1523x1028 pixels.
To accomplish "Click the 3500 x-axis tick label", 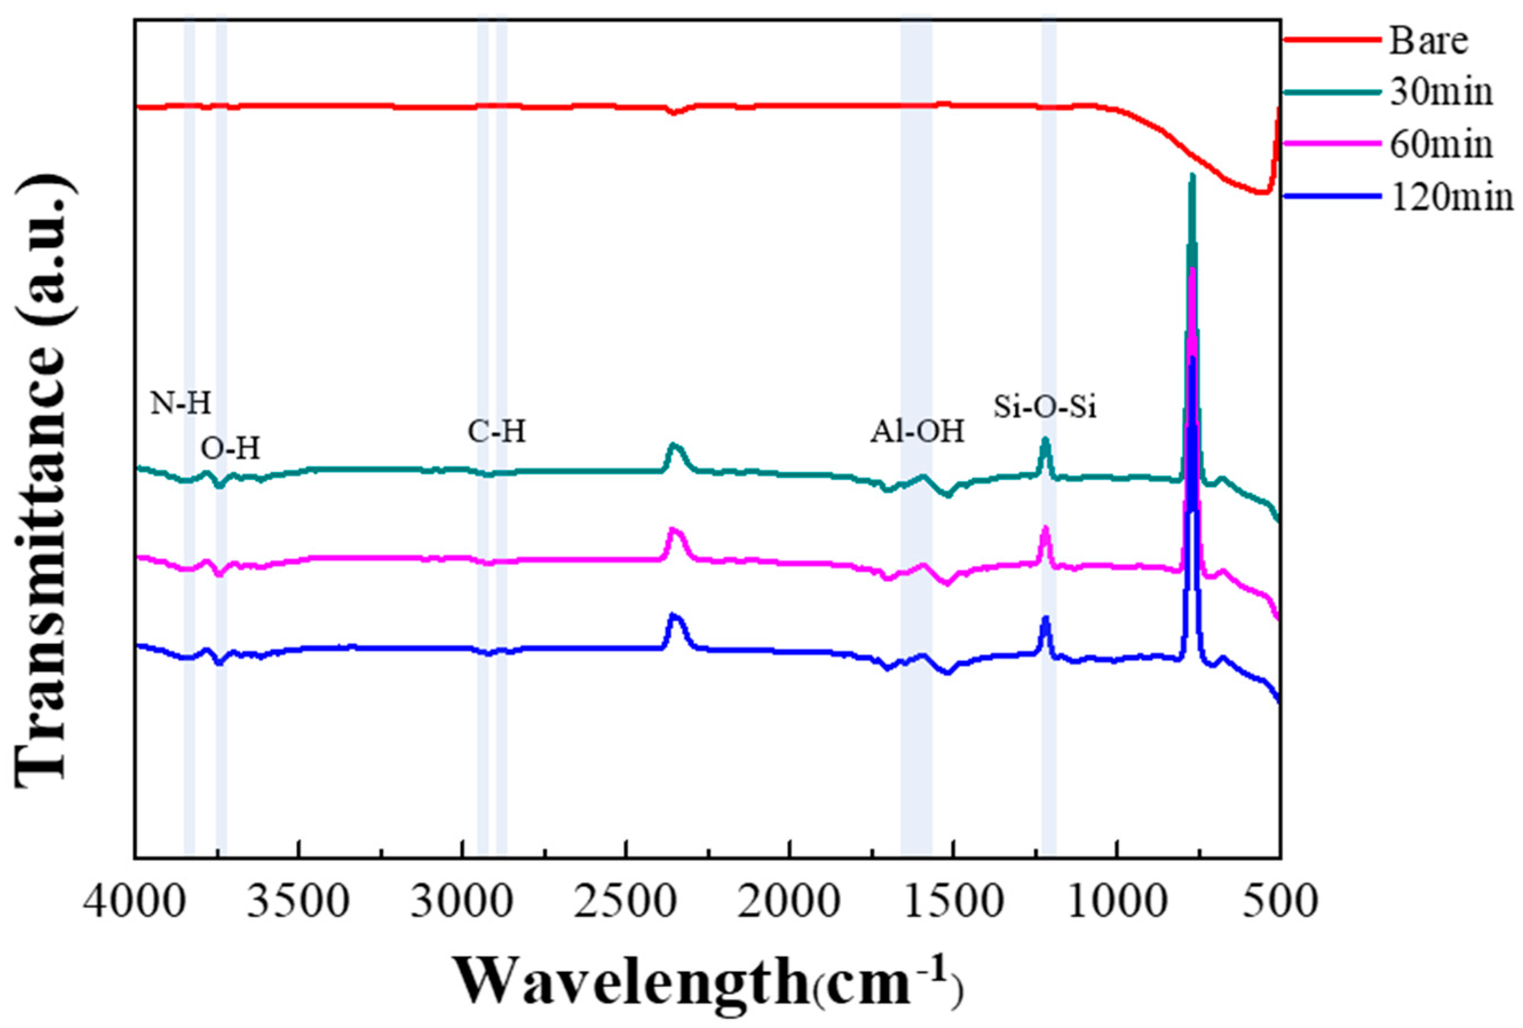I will pyautogui.click(x=299, y=902).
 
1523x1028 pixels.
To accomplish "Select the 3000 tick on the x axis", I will pyautogui.click(x=462, y=902).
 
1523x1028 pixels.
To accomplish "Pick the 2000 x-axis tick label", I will pyautogui.click(x=790, y=902).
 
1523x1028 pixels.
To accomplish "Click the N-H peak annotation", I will pyautogui.click(x=181, y=404).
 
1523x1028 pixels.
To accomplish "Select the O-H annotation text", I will pyautogui.click(x=230, y=449).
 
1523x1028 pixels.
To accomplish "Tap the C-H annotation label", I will pyautogui.click(x=497, y=432).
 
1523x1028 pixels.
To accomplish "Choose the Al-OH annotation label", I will pyautogui.click(x=917, y=432).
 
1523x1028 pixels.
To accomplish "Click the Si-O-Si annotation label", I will pyautogui.click(x=1045, y=408).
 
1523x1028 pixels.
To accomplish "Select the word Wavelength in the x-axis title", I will pyautogui.click(x=632, y=981).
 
